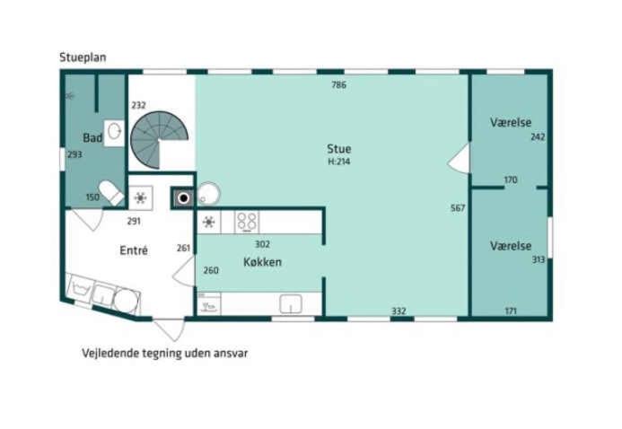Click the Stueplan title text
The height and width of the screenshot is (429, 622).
(83, 57)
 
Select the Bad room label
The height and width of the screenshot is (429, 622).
(92, 138)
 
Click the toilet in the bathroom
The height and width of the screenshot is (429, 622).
(111, 193)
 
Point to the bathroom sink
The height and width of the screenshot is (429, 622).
(114, 131)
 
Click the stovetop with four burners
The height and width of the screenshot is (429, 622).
(247, 222)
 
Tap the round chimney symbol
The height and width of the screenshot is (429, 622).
(183, 197)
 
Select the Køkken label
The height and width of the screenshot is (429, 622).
(263, 262)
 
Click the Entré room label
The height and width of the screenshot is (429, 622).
(134, 250)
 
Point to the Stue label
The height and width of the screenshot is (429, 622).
(339, 149)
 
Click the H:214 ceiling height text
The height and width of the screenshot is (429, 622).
(339, 162)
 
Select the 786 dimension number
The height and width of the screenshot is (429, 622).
(339, 84)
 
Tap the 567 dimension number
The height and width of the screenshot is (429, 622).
(458, 207)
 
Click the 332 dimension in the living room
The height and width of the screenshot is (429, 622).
(399, 311)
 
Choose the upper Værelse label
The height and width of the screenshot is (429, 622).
(511, 122)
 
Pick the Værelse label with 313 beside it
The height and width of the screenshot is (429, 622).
(511, 246)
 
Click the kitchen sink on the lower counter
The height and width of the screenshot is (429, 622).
(291, 304)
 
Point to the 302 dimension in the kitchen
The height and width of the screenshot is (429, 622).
(262, 244)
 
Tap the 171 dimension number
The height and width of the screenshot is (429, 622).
(511, 311)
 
